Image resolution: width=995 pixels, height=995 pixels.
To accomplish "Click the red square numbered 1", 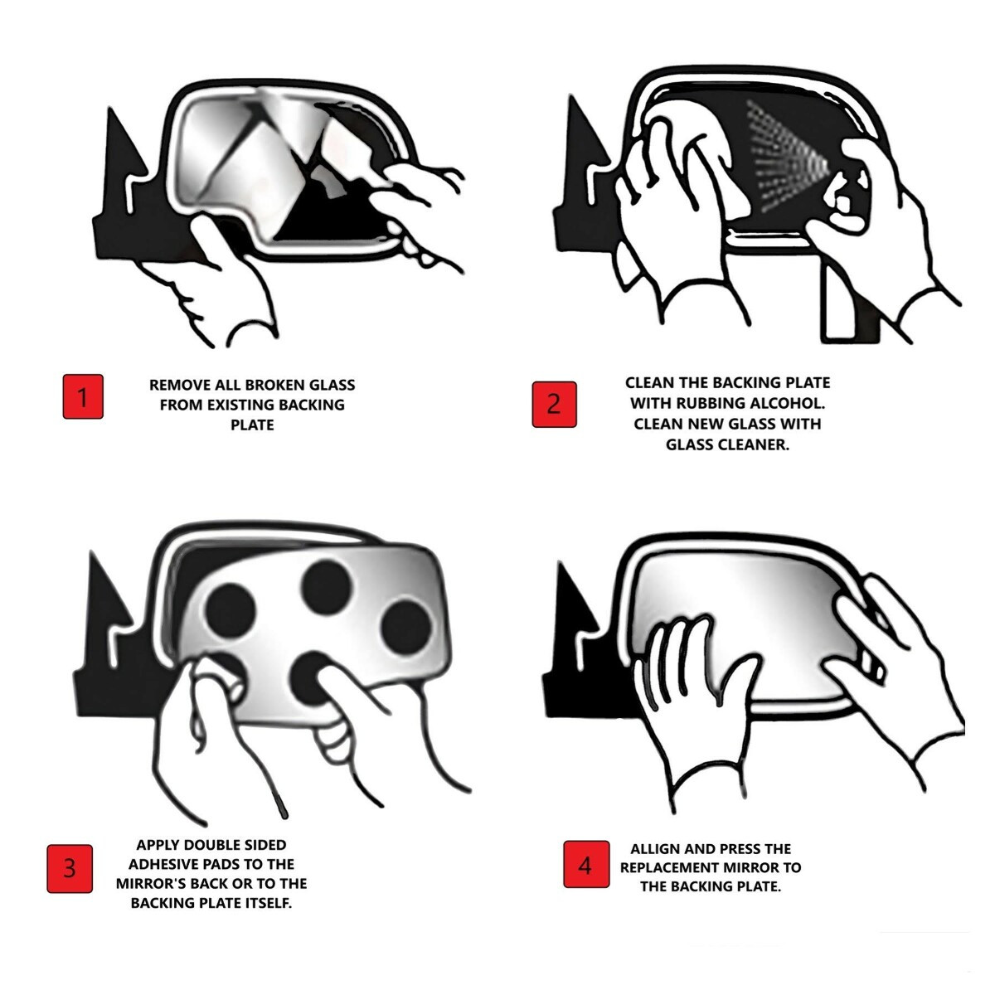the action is point(83,397).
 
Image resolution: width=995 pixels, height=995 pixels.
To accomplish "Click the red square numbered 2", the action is point(554,405).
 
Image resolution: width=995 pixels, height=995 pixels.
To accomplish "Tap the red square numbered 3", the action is point(70,869).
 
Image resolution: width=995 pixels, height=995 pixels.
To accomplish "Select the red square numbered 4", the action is point(586,864).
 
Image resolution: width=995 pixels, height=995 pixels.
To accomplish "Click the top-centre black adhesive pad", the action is point(328,587).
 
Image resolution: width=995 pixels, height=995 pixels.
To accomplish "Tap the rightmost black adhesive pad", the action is point(406,627).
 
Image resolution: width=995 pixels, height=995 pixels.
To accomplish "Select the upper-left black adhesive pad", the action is point(230,612).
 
